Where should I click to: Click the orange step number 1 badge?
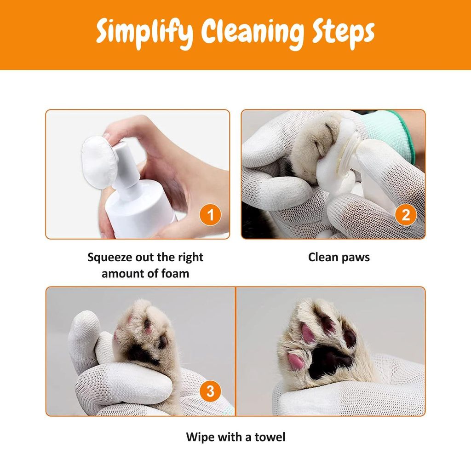pyautogui.click(x=211, y=215)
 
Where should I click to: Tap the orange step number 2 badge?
pyautogui.click(x=406, y=215)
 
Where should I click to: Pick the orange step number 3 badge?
pyautogui.click(x=210, y=391)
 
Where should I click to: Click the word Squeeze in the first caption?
pyautogui.click(x=109, y=257)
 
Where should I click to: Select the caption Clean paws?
pyautogui.click(x=339, y=257)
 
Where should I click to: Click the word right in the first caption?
pyautogui.click(x=190, y=257)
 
